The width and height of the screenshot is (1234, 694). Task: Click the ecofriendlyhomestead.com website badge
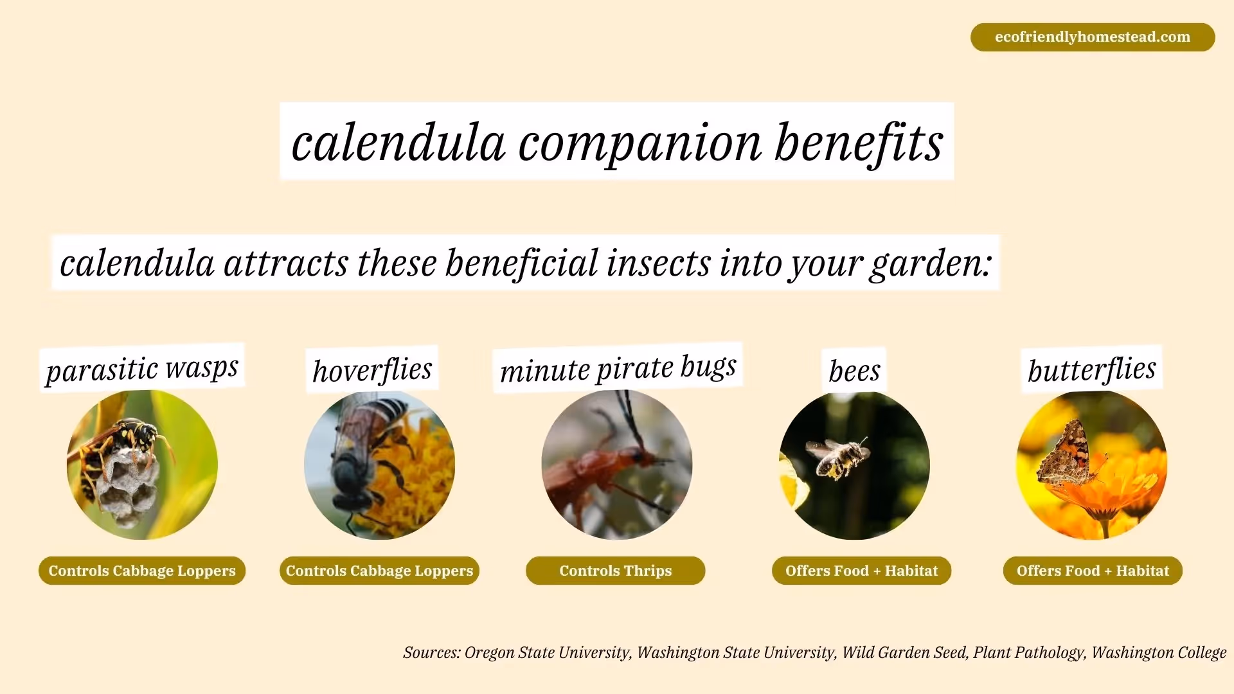click(x=1092, y=37)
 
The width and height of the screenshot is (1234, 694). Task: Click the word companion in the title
click(x=639, y=143)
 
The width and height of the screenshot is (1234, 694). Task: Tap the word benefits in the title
click(x=858, y=143)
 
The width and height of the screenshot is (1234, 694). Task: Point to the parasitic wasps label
click(x=142, y=369)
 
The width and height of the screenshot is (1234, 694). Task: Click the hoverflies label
click(x=372, y=370)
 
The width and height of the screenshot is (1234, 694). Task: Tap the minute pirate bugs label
click(x=618, y=368)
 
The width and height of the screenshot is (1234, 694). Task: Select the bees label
click(x=854, y=371)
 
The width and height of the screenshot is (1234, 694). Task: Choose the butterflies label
click(x=1091, y=369)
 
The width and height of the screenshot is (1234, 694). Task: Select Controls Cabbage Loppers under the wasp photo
click(x=142, y=571)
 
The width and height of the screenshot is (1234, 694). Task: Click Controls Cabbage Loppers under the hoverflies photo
click(x=379, y=571)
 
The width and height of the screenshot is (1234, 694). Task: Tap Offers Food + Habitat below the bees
click(x=861, y=571)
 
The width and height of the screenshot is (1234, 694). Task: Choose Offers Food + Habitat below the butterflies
click(x=1093, y=571)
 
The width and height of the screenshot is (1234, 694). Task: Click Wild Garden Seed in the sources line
click(x=904, y=653)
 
